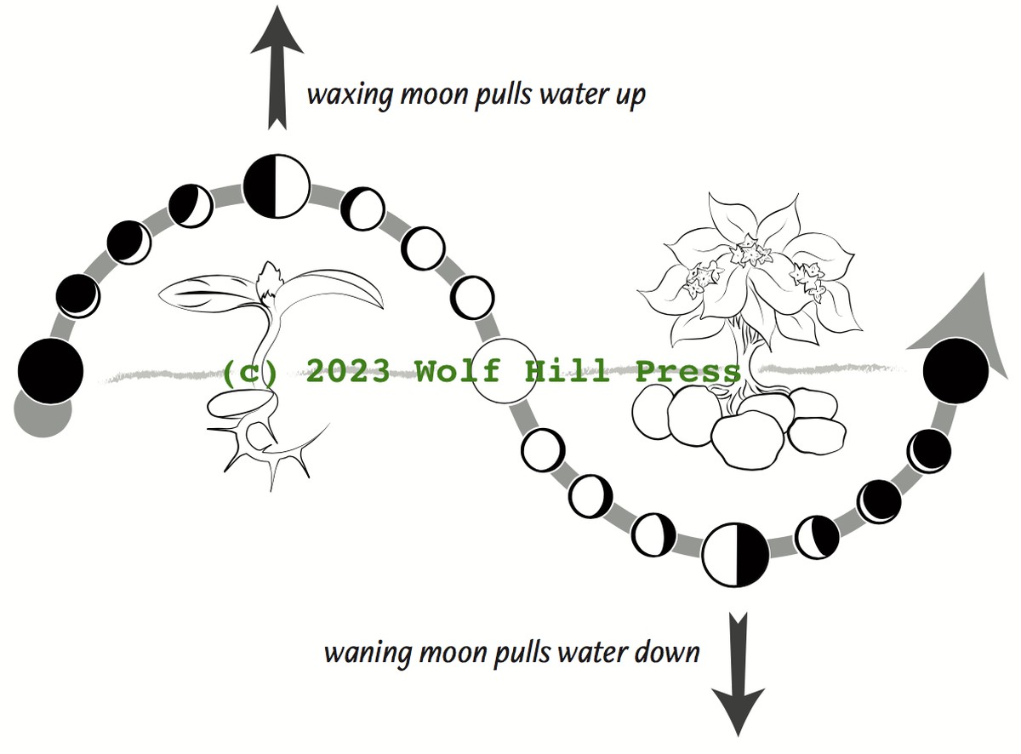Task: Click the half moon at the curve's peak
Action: pyautogui.click(x=277, y=186)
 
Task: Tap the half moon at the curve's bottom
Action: pyautogui.click(x=736, y=554)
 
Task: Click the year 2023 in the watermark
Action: pyautogui.click(x=351, y=372)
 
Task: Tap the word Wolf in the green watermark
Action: pyautogui.click(x=459, y=372)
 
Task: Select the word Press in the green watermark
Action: pyautogui.click(x=688, y=372)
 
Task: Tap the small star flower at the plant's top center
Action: pyautogui.click(x=748, y=253)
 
